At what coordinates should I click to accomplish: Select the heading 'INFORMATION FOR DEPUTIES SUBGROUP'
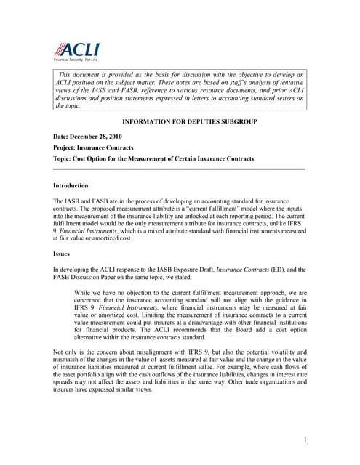coord(179,122)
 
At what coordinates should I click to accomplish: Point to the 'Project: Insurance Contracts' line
coord(93,147)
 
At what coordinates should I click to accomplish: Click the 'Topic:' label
coord(64,158)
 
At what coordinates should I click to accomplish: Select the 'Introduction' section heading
coord(71,185)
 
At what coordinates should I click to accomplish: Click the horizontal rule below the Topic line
coord(179,169)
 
